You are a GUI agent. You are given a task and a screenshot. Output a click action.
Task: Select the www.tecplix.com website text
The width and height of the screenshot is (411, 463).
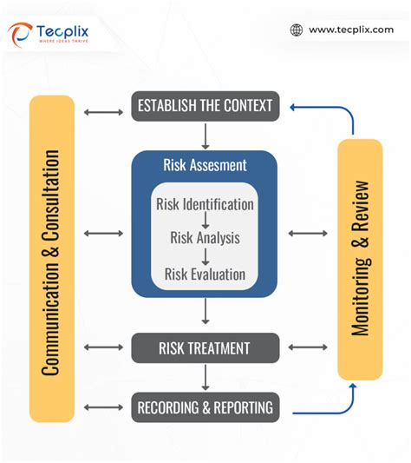(350, 30)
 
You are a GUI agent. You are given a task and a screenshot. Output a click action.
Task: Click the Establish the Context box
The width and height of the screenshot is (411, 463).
(205, 106)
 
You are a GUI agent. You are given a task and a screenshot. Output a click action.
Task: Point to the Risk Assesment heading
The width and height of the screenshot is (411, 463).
(205, 165)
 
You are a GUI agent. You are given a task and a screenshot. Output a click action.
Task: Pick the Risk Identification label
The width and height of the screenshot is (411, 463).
(205, 205)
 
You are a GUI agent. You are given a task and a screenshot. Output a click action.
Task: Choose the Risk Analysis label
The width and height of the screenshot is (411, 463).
(205, 237)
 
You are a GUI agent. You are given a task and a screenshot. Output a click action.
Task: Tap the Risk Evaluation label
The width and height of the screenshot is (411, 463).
(205, 274)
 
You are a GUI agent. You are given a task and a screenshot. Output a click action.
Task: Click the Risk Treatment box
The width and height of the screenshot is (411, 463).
(205, 348)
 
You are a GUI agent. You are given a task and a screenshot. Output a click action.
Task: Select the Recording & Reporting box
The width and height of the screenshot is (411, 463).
(205, 406)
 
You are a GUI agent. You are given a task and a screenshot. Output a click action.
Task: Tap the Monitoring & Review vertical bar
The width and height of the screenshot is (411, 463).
(360, 258)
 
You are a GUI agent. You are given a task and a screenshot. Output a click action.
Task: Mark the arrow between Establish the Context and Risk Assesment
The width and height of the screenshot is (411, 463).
(205, 136)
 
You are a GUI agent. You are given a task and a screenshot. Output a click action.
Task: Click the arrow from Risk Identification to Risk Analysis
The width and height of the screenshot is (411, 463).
(205, 222)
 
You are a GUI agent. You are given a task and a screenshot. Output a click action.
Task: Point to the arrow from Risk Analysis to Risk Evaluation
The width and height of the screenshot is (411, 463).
(205, 256)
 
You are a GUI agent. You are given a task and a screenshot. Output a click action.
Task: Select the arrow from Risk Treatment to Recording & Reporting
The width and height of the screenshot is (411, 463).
(205, 377)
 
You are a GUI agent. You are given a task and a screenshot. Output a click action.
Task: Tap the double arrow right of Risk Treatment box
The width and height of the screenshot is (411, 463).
(307, 347)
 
